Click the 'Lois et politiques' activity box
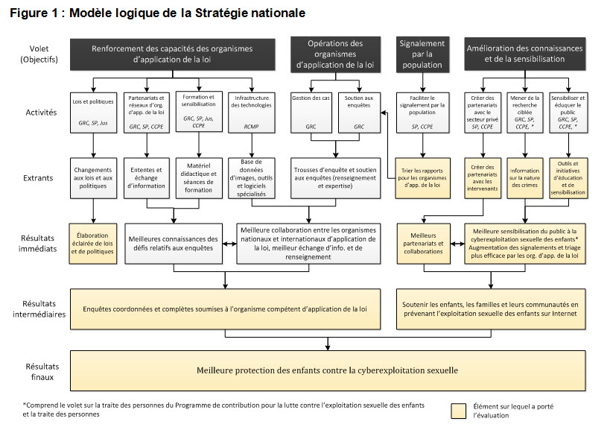click(93, 113)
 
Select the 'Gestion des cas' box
click(311, 113)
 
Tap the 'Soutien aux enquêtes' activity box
click(359, 113)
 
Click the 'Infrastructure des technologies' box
click(251, 113)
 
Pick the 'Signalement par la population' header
click(422, 54)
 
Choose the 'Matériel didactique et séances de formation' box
click(199, 178)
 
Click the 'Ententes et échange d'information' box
click(147, 178)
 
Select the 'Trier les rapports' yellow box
click(422, 178)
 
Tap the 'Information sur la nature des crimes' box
click(525, 178)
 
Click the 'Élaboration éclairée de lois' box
click(93, 244)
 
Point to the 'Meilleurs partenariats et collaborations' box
click(423, 244)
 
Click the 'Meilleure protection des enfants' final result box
click(328, 370)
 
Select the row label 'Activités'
click(41, 113)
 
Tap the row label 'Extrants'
click(38, 178)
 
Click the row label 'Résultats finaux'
click(42, 371)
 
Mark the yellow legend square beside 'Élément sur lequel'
click(459, 411)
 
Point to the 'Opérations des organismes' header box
click(335, 54)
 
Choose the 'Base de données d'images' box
click(251, 178)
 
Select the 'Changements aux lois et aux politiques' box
click(93, 178)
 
